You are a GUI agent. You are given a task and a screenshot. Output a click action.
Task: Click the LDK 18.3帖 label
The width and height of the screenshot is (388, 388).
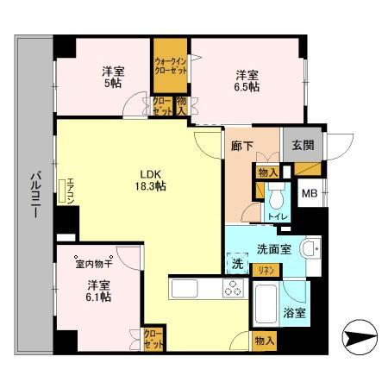point(148,178)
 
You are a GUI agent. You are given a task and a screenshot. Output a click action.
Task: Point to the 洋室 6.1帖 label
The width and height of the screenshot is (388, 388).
point(97,290)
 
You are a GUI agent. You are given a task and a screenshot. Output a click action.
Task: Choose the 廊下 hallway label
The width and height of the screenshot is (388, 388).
point(243,146)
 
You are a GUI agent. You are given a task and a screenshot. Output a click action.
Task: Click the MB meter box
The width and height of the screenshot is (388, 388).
point(308,193)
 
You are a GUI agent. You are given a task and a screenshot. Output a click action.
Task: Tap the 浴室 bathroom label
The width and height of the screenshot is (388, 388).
point(294,313)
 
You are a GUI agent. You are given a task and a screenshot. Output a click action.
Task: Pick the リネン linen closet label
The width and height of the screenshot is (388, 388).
point(266,270)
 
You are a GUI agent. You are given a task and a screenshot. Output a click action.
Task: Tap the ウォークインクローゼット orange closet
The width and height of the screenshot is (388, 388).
point(171,66)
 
